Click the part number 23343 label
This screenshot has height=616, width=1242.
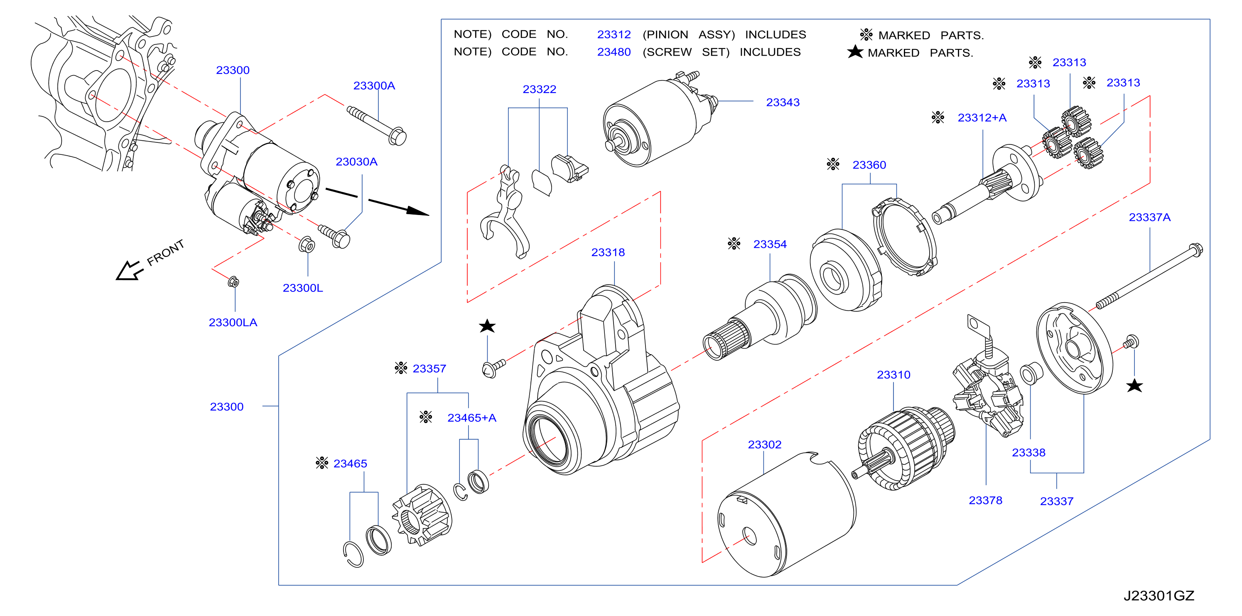[x=783, y=103]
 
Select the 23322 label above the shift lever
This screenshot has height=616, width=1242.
[x=539, y=90]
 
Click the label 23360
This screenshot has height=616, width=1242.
[x=869, y=165]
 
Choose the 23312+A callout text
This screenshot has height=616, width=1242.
[x=982, y=118]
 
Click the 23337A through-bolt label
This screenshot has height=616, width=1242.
[x=1149, y=218]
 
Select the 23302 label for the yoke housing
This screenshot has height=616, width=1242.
[x=764, y=445]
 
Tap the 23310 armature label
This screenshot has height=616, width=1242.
[x=893, y=375]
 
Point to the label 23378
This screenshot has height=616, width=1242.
[x=985, y=501]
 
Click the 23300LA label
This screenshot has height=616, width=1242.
[x=233, y=323]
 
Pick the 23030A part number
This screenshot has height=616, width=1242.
[x=356, y=162]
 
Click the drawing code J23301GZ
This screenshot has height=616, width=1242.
[x=1159, y=596]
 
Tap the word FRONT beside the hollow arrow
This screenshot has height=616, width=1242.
[x=165, y=253]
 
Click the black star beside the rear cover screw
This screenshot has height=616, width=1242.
[x=1134, y=386]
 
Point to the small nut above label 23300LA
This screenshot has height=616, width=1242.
[x=233, y=282]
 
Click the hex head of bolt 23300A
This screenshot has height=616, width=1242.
[x=397, y=137]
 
